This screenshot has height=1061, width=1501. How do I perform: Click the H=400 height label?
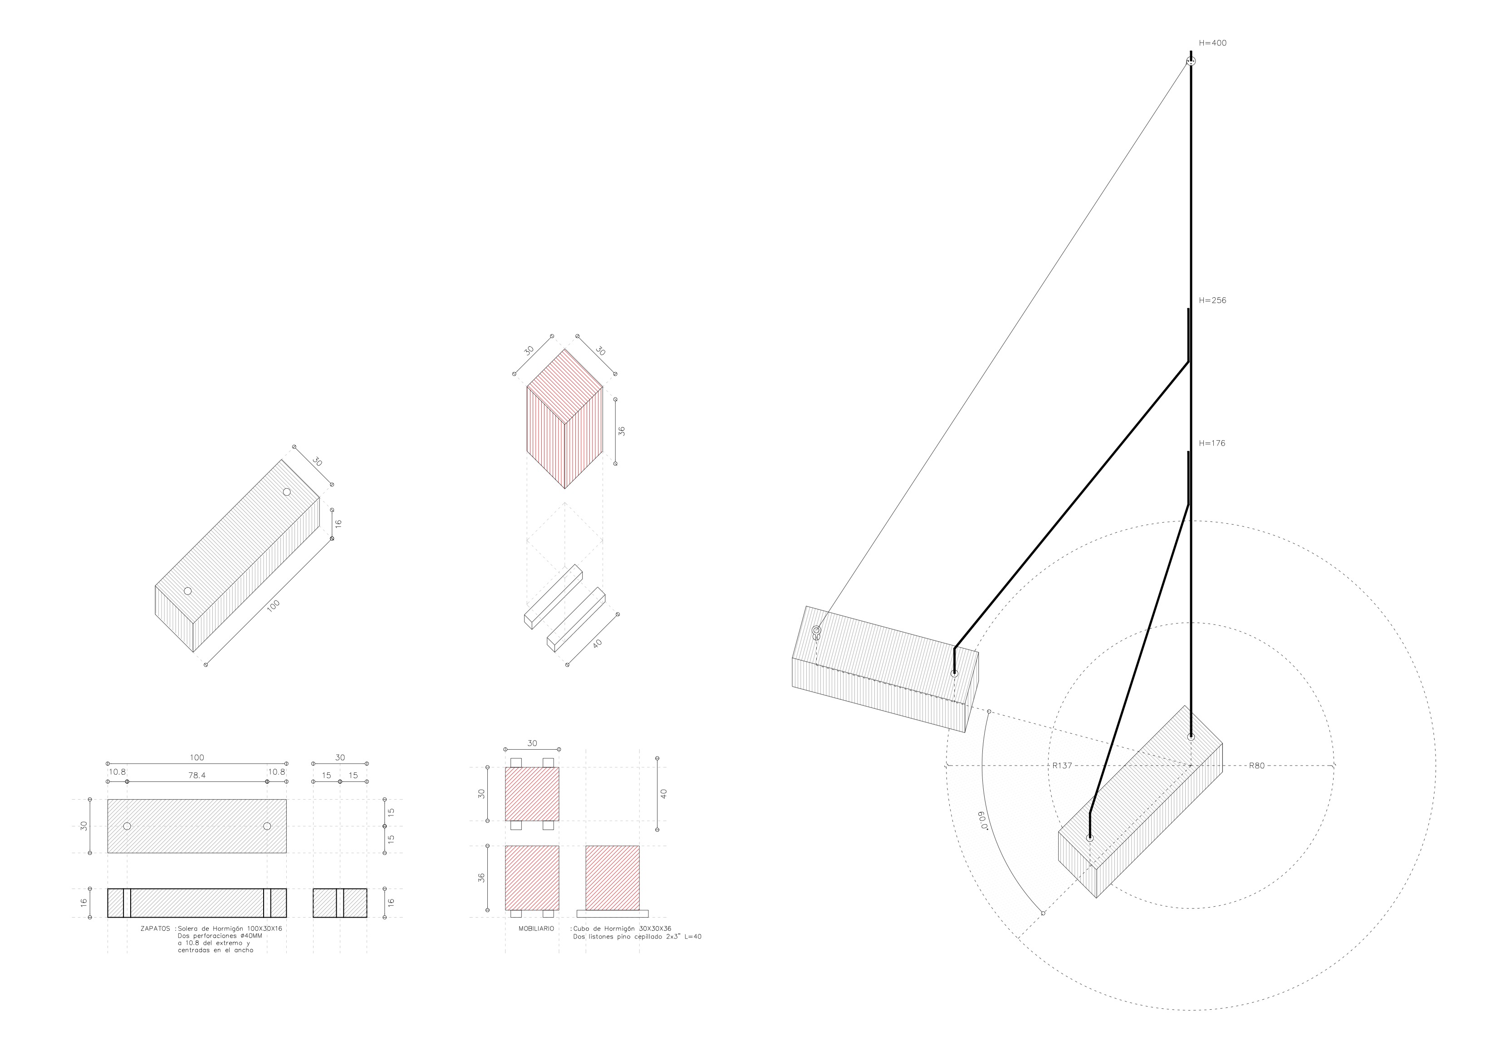tap(1213, 43)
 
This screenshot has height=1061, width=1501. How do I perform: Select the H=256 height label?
tap(1213, 301)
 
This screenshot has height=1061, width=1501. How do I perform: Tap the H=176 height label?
tap(1212, 443)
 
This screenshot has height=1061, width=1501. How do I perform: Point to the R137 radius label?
tap(1062, 766)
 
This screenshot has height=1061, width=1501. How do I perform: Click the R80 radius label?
tap(1256, 766)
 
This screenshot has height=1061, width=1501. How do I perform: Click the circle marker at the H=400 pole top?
tap(1191, 61)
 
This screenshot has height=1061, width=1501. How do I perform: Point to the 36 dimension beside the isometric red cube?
tap(622, 432)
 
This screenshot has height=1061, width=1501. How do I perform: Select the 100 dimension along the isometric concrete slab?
tap(273, 605)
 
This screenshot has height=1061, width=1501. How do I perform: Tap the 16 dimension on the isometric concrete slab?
tap(338, 524)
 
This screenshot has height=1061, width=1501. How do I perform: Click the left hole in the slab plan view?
tap(127, 826)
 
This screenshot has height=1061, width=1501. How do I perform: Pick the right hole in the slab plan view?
tap(267, 826)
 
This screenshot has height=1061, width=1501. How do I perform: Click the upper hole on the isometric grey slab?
tap(286, 491)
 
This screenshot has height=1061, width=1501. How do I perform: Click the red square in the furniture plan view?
tap(532, 794)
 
